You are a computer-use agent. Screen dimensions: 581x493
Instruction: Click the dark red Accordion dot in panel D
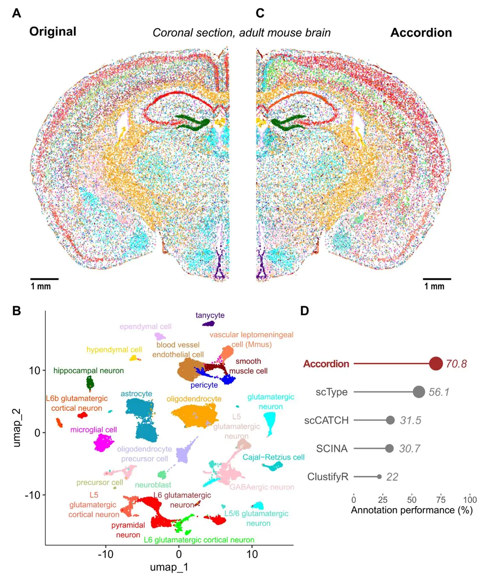(436, 363)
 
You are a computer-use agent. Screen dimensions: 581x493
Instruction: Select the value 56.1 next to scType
(439, 392)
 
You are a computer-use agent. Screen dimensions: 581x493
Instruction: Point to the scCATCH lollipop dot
(390, 420)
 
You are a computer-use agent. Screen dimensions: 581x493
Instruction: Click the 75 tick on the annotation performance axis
(441, 499)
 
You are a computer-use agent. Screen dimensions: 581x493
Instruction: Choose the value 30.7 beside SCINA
(409, 448)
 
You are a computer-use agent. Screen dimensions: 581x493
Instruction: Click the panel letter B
(17, 310)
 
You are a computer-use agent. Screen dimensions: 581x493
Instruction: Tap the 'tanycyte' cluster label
(210, 315)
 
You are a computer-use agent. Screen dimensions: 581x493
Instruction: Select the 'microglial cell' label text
(93, 429)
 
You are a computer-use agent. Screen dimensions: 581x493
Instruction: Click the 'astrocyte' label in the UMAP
(136, 394)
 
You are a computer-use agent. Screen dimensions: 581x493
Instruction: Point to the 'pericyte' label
(204, 385)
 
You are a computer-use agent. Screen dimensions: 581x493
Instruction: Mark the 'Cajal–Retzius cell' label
(273, 457)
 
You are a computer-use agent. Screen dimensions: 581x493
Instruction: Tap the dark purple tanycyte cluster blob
(208, 324)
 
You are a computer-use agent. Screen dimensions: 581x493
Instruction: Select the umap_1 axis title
(169, 567)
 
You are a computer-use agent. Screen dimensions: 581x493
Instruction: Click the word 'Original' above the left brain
(52, 32)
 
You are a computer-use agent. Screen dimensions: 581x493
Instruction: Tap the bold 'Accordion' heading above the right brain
(421, 33)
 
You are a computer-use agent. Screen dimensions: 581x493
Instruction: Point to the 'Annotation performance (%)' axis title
(412, 510)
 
